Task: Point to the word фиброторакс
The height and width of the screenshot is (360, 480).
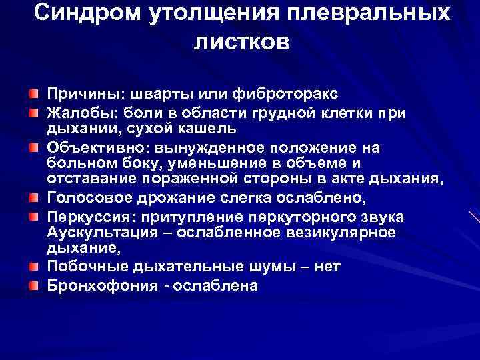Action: [282, 92]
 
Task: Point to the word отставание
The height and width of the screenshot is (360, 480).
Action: [87, 178]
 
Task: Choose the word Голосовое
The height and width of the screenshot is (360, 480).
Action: [85, 198]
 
